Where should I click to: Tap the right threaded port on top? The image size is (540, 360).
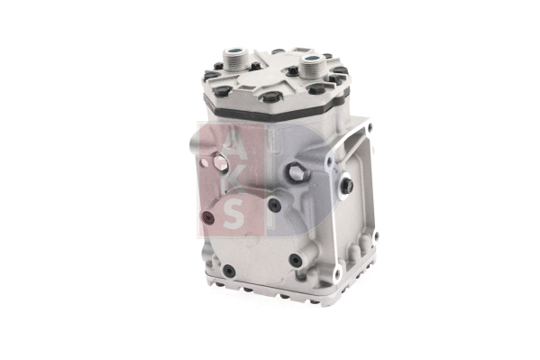(312, 66)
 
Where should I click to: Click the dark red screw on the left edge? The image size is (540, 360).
(206, 217)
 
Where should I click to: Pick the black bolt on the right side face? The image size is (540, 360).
(346, 187)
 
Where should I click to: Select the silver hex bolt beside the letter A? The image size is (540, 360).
(218, 164)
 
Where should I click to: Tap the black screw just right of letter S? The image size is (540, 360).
(273, 205)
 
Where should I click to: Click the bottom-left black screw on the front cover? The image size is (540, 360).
(229, 270)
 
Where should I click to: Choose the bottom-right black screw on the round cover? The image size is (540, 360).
(295, 261)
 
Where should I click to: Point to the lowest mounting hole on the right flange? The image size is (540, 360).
(337, 272)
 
